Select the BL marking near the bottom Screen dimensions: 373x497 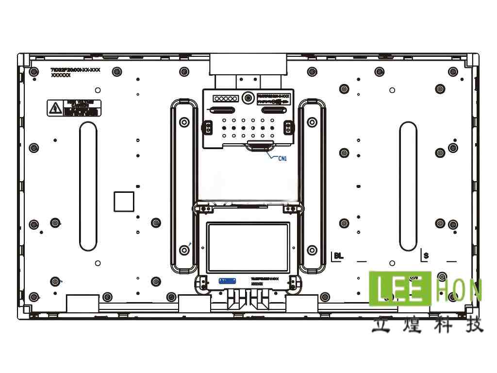pos(337,256)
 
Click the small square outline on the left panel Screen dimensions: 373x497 pos(124,202)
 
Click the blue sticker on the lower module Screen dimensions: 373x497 pos(227,281)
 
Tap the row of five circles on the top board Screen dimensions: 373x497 pos(225,99)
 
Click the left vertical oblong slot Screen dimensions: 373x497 pos(88,186)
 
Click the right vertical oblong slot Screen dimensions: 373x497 pos(408,186)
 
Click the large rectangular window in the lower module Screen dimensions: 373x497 pos(248,247)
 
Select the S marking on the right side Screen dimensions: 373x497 pos(426,255)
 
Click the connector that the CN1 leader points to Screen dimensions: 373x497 pos(260,145)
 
